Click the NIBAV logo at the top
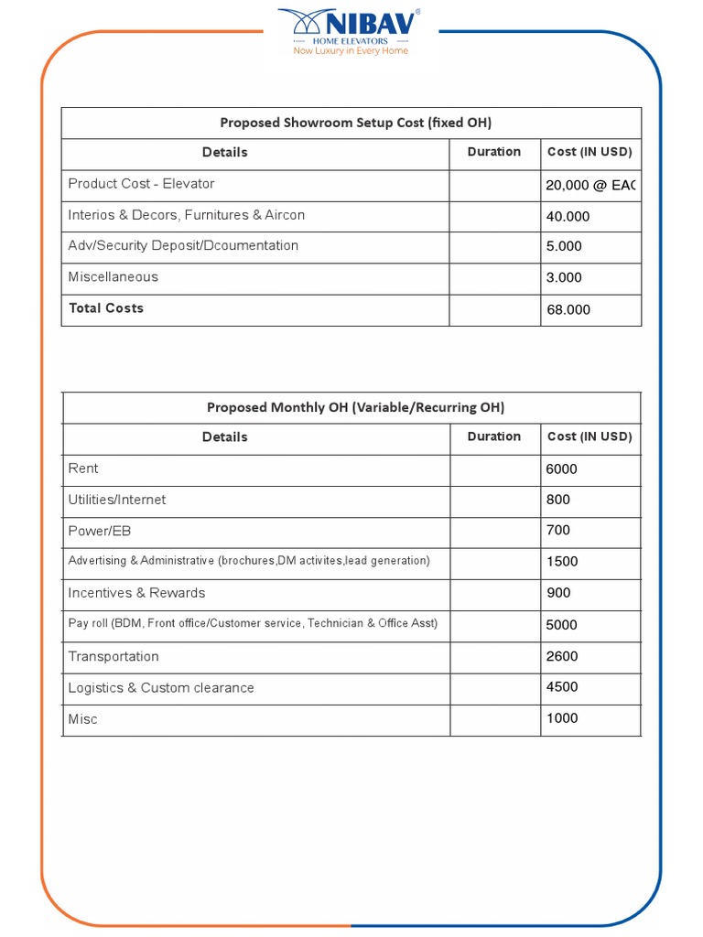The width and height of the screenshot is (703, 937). pyautogui.click(x=351, y=25)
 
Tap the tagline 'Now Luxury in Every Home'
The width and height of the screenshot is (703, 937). pyautogui.click(x=351, y=51)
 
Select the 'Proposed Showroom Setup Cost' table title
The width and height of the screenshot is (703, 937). pyautogui.click(x=355, y=123)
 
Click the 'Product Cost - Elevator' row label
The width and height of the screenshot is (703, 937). pyautogui.click(x=141, y=184)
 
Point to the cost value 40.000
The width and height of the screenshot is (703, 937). pyautogui.click(x=568, y=217)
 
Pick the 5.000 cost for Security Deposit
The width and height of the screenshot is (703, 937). pyautogui.click(x=564, y=246)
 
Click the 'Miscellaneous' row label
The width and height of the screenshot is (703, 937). pyautogui.click(x=113, y=277)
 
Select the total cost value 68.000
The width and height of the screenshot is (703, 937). pyautogui.click(x=568, y=310)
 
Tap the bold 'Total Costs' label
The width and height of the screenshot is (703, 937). pyautogui.click(x=106, y=308)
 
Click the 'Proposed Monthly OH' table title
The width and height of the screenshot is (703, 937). pyautogui.click(x=355, y=408)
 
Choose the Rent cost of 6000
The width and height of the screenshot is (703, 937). pyautogui.click(x=561, y=469)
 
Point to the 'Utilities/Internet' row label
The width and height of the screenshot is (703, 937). pyautogui.click(x=117, y=501)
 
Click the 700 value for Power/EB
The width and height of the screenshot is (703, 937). pyautogui.click(x=557, y=531)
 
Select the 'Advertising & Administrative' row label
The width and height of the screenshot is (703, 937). pyautogui.click(x=249, y=561)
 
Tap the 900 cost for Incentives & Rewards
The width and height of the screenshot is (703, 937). pyautogui.click(x=558, y=593)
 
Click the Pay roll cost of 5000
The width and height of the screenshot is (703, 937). pyautogui.click(x=561, y=625)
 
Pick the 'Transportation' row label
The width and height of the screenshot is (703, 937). pyautogui.click(x=114, y=657)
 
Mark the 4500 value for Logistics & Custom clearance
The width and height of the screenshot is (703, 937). pyautogui.click(x=561, y=687)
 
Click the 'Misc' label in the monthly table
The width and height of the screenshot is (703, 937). pyautogui.click(x=82, y=719)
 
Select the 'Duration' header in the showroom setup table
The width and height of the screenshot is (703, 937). pyautogui.click(x=493, y=152)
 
